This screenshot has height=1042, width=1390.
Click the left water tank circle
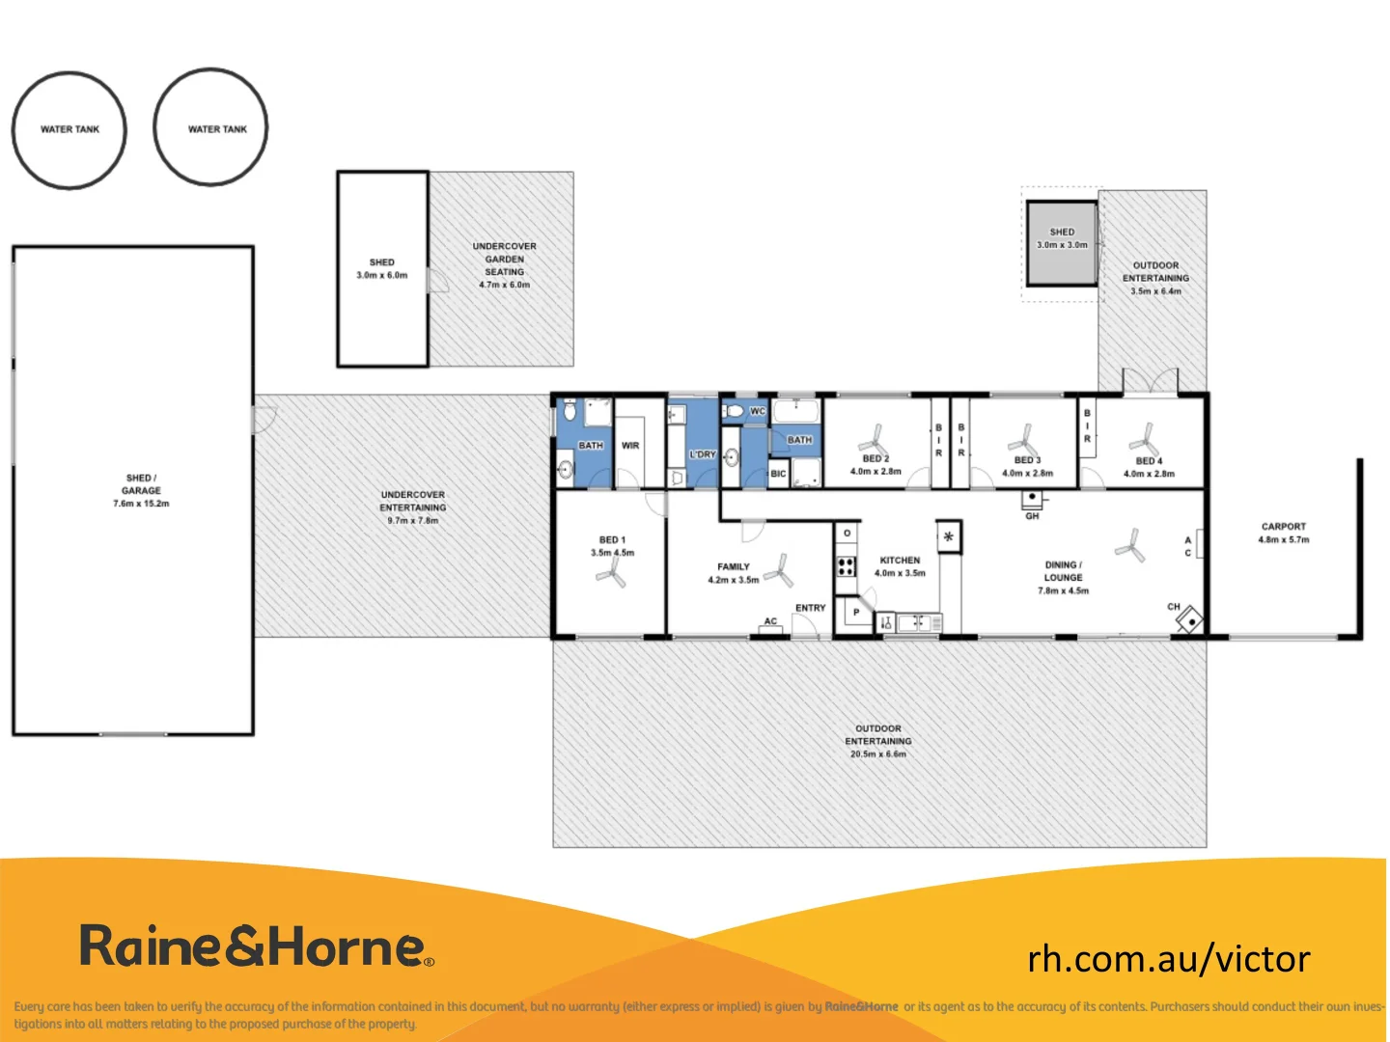point(69,129)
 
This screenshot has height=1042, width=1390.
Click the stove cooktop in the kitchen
point(846,565)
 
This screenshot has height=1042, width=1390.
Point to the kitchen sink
point(912,623)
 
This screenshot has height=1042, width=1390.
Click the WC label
point(758,411)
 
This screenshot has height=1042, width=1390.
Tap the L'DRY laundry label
point(703,453)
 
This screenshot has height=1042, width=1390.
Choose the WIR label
point(630,446)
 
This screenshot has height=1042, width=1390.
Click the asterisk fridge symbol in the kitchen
point(949,536)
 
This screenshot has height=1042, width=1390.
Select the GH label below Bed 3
point(1032,516)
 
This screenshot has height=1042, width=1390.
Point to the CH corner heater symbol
point(1189,618)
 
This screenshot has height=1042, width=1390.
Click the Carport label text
point(1283,527)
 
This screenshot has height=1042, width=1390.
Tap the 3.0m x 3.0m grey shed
point(1062,243)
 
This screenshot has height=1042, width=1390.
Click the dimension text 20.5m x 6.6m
point(877,754)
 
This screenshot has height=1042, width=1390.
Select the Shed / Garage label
point(141,484)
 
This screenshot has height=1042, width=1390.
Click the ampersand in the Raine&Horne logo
point(246,946)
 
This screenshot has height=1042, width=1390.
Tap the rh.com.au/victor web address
point(1168,959)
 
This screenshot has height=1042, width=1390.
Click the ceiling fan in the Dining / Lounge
point(1128,546)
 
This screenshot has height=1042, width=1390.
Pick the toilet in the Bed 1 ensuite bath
point(570,411)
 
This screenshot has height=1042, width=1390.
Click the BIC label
point(778,474)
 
